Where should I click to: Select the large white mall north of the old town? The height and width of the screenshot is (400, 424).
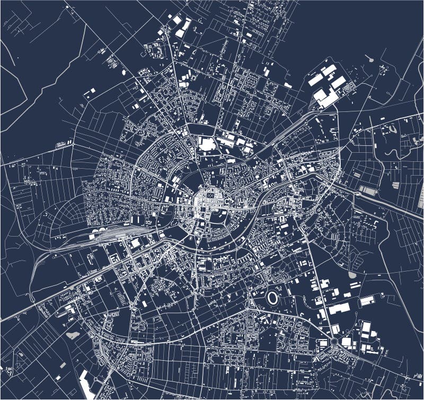click(206, 143)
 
